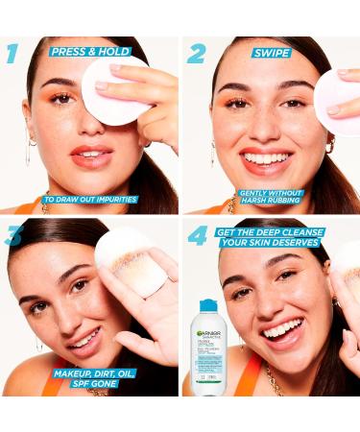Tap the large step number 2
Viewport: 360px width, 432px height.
[196, 54]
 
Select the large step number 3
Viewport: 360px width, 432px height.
[13, 234]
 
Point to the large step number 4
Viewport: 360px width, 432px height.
[198, 234]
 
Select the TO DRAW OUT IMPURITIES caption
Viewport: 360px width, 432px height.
[89, 200]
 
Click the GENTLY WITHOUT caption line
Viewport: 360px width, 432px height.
[273, 191]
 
